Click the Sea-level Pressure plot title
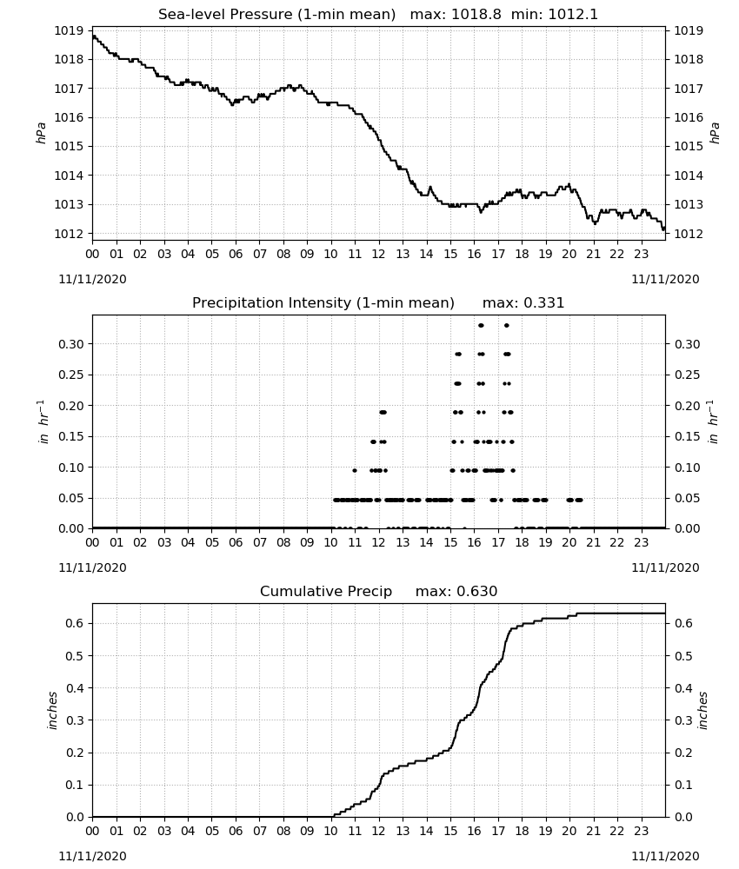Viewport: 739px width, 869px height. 276,15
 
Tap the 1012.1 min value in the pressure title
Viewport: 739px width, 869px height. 573,15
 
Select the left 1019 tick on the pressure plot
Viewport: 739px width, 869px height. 68,30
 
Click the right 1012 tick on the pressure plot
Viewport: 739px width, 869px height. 688,234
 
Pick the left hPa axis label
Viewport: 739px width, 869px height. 41,133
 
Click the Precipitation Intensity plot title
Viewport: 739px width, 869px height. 323,303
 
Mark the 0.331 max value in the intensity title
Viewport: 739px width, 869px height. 543,303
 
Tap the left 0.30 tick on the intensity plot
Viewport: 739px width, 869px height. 71,344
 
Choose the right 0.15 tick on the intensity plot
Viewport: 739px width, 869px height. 687,437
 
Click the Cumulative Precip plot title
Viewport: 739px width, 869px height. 326,591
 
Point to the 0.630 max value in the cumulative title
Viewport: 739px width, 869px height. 476,591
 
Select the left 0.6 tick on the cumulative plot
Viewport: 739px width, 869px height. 75,623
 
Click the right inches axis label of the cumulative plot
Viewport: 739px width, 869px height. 703,711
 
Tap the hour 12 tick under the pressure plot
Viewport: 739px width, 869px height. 379,254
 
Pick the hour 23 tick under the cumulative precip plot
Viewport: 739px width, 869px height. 642,832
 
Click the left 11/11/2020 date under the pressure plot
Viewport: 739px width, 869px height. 92,279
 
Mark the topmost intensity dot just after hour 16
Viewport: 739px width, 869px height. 481,325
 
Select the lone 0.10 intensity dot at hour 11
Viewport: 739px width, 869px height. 355,470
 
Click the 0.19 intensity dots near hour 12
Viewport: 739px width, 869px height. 383,412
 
